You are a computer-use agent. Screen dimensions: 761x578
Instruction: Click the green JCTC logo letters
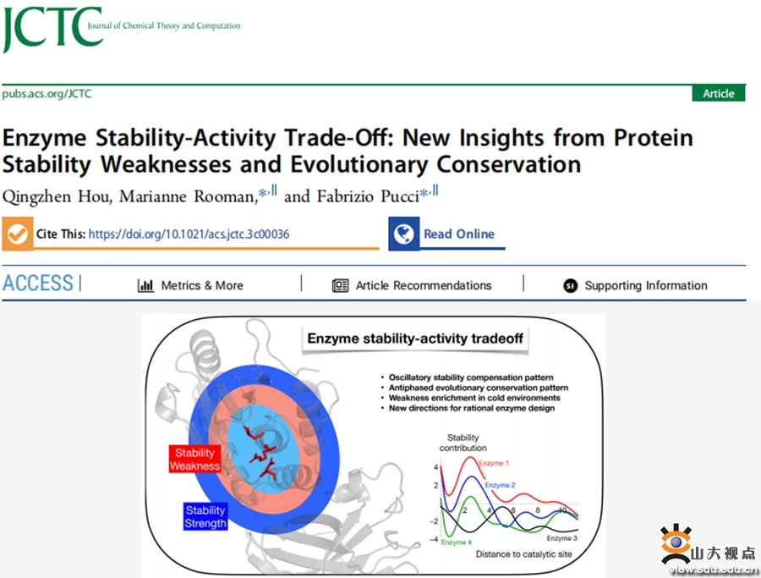click(52, 27)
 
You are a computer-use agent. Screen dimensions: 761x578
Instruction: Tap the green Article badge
click(718, 93)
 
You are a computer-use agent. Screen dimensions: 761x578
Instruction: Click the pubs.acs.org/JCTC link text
click(47, 93)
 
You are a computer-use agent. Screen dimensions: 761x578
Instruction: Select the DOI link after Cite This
click(189, 234)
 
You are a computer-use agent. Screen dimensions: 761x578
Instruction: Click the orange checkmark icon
click(18, 234)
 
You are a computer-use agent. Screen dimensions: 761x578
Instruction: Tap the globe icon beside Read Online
click(404, 234)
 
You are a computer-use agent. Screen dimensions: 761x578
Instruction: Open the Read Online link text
click(459, 234)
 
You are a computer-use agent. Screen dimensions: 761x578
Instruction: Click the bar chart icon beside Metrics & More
click(145, 285)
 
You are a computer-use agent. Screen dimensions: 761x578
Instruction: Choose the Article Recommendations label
click(424, 285)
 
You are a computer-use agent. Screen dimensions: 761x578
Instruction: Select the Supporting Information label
click(646, 285)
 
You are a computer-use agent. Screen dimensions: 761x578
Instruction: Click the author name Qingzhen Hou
click(57, 196)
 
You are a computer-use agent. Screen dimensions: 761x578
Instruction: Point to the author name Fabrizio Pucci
click(368, 196)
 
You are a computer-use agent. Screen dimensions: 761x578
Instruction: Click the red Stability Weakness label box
click(194, 459)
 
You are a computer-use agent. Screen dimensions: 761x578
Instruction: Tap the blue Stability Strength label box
click(205, 516)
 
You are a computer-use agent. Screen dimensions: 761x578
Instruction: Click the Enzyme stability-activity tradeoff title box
click(415, 339)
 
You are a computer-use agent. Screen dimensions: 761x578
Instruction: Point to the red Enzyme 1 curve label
click(494, 463)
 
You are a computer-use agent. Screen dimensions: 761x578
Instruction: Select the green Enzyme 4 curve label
click(457, 542)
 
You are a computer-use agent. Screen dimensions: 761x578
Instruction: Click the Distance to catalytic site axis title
click(523, 554)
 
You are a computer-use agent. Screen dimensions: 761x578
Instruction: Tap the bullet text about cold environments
click(474, 398)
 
